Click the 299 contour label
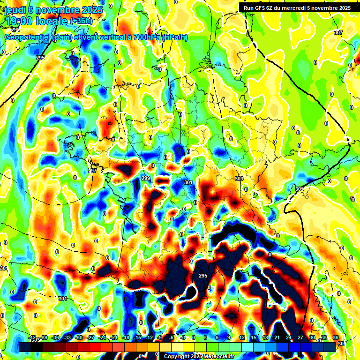tap(146, 179)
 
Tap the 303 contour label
tap(239, 179)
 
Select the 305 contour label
tap(299, 188)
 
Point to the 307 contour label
tap(338, 32)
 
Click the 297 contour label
tap(93, 171)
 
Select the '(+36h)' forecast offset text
tap(81, 22)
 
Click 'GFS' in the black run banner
tap(263, 7)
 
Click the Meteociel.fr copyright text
tap(199, 356)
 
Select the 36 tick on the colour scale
tap(336, 337)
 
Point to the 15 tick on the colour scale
tap(253, 337)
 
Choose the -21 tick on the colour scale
tap(114, 337)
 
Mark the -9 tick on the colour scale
tap(159, 337)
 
